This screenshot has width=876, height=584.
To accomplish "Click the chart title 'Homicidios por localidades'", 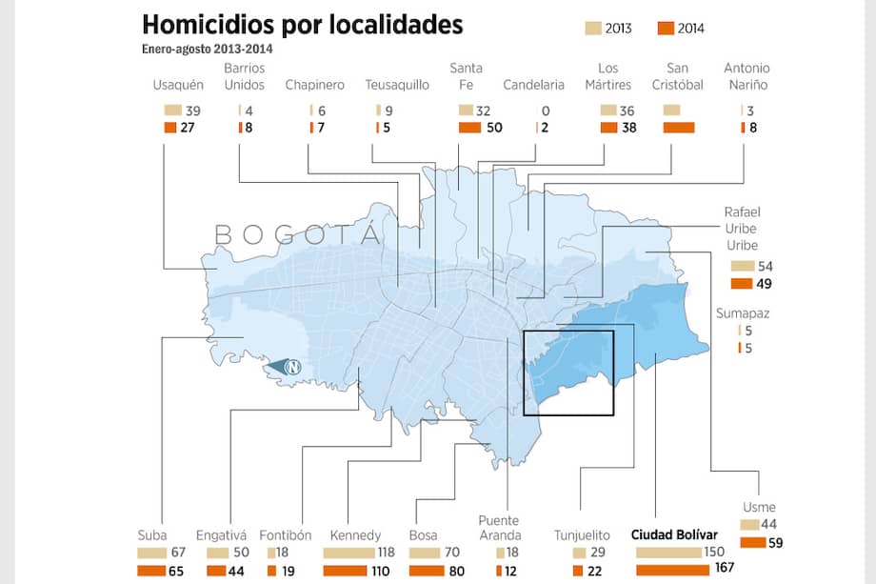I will coord(302,24).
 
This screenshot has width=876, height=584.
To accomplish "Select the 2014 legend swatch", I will coord(665,28).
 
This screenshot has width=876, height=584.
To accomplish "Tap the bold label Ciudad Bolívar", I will coord(674,534).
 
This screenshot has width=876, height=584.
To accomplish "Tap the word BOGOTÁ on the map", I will coord(296,234).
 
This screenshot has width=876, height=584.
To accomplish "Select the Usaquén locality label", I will coord(178,85).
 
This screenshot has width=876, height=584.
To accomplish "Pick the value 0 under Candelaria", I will coord(545,111).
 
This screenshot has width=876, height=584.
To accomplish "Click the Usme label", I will coord(759,507).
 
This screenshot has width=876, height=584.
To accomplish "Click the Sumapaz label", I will coord(743,312).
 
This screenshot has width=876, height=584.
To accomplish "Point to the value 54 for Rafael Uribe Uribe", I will coord(765,266).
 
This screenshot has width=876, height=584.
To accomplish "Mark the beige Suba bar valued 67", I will coord(151,553).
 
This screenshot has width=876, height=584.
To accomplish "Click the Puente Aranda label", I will coord(499,528).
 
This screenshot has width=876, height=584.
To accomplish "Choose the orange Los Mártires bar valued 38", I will coord(609,128).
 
